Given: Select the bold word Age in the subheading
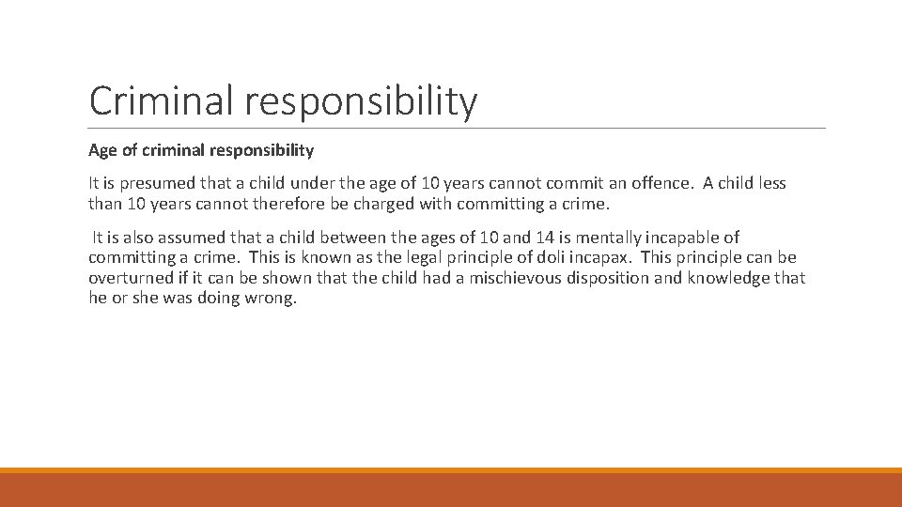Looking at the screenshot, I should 102,150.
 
